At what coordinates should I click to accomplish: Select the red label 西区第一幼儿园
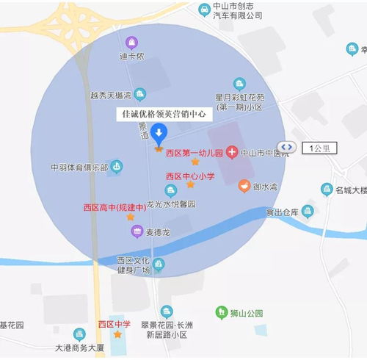[195, 153]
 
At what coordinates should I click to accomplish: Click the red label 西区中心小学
[189, 176]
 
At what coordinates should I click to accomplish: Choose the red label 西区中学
[114, 324]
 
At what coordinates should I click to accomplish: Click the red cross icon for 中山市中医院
[232, 153]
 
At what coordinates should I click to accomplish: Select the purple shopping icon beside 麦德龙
[137, 231]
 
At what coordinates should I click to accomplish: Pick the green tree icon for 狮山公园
[221, 313]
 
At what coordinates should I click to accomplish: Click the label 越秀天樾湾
[110, 95]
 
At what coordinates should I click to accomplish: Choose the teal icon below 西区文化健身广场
[159, 264]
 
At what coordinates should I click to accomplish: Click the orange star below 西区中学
[116, 335]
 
